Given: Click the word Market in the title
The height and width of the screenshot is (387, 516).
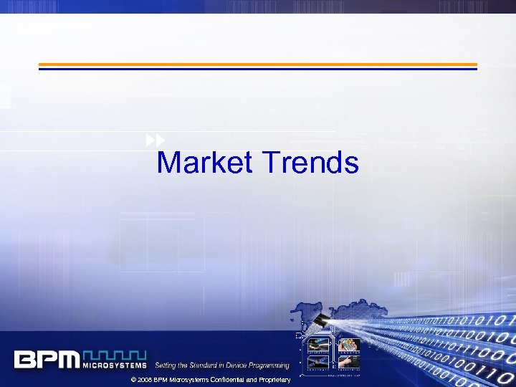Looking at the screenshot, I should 204,163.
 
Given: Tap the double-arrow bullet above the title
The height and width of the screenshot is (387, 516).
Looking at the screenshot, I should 156,140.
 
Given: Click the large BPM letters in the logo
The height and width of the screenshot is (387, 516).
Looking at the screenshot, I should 47,359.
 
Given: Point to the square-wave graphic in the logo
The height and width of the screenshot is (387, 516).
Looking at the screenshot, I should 115,355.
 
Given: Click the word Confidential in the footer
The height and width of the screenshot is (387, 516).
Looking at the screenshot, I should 219,379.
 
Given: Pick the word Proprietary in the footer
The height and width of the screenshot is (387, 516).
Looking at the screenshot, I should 271,379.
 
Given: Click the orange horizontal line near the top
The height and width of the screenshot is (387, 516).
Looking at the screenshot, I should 257,64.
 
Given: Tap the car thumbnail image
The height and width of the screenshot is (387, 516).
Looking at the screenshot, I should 317,346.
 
